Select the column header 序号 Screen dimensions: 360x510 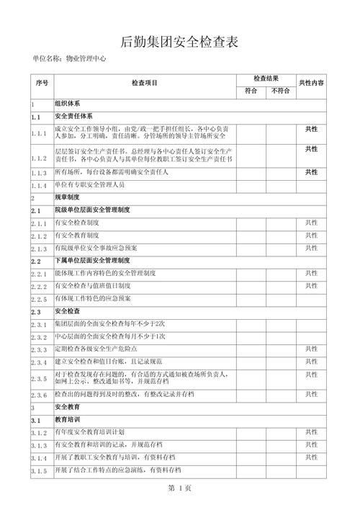pyautogui.click(x=41, y=84)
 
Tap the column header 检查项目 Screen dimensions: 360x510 pyautogui.click(x=144, y=84)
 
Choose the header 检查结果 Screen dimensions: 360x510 pyautogui.click(x=266, y=78)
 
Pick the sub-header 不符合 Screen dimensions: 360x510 pyautogui.click(x=280, y=91)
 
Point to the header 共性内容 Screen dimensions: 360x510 pyautogui.click(x=311, y=84)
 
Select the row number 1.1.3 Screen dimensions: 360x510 pyautogui.click(x=39, y=174)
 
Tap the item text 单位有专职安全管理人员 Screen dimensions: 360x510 pyautogui.click(x=89, y=185)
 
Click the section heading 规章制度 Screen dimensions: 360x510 pyautogui.click(x=67, y=197)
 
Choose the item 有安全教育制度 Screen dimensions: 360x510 pyautogui.click(x=77, y=236)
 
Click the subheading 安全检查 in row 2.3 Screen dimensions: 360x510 pyautogui.click(x=67, y=312)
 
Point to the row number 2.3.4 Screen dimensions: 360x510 pyautogui.click(x=39, y=362)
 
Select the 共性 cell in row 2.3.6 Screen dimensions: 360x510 pyautogui.click(x=311, y=394)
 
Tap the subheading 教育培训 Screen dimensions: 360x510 pyautogui.click(x=67, y=419)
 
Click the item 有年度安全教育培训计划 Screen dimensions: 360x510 pyautogui.click(x=89, y=432)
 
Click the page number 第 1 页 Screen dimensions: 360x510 pyautogui.click(x=179, y=488)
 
